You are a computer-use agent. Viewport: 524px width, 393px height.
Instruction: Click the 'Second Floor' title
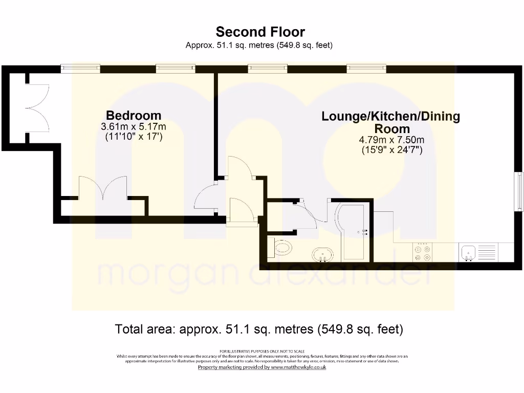(260, 32)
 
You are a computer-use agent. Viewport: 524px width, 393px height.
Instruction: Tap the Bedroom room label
(133, 116)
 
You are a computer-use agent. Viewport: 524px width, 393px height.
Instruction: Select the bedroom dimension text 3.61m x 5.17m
(134, 126)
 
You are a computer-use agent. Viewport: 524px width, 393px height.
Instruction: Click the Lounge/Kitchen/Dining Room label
(390, 122)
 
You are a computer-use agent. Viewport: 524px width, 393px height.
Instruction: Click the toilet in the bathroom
(281, 249)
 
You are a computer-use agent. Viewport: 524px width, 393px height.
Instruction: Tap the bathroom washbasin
(323, 254)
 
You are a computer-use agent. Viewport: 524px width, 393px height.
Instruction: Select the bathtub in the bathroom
(355, 230)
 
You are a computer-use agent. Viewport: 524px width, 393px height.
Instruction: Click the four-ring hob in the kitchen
(422, 252)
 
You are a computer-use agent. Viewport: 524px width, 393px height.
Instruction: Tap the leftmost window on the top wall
(80, 68)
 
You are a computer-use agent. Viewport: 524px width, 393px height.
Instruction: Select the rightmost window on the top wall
(366, 68)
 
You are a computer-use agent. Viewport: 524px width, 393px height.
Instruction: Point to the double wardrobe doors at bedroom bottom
(102, 188)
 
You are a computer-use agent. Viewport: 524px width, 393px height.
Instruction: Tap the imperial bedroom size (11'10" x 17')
(134, 137)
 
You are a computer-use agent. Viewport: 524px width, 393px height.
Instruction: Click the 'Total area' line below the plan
(259, 329)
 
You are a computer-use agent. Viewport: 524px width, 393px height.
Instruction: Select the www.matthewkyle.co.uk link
(298, 367)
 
